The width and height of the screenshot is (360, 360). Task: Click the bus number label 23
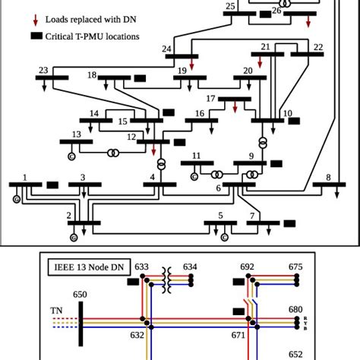[43, 71]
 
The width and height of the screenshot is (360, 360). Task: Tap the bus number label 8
[328, 178]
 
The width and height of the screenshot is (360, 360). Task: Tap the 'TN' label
[56, 311]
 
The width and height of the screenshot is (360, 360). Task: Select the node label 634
[190, 267]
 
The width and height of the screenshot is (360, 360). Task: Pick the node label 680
[296, 309]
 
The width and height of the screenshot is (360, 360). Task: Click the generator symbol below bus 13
[71, 156]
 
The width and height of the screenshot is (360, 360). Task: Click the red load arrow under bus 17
[235, 108]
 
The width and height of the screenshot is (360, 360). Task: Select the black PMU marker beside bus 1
[52, 184]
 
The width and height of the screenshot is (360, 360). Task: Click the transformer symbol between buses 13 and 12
[112, 153]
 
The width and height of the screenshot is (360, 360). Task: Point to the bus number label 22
[317, 47]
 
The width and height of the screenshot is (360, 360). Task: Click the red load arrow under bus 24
[193, 66]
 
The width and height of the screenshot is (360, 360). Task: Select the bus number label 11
[196, 156]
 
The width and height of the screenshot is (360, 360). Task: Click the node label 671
[237, 335]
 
